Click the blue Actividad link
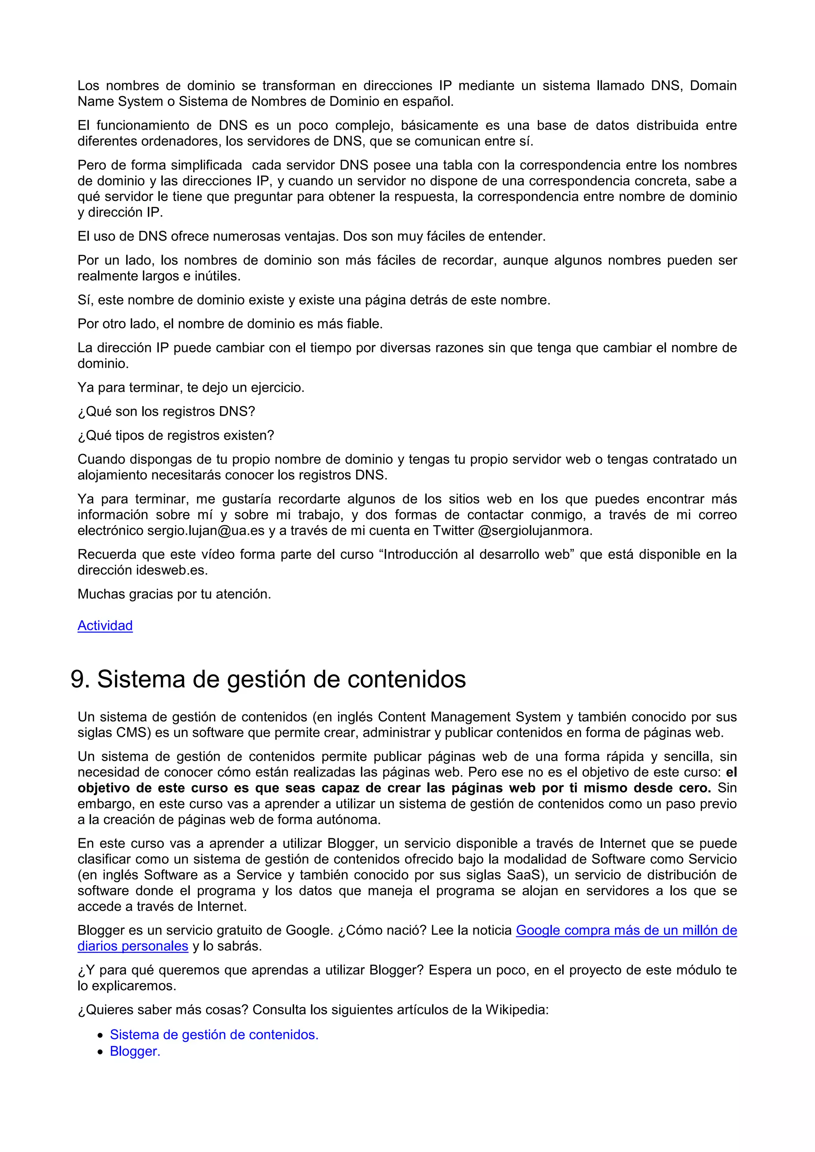[x=105, y=626]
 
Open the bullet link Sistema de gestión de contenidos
[x=214, y=1035]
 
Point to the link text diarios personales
[x=133, y=946]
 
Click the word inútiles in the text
[x=217, y=276]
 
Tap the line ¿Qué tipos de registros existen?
[x=175, y=436]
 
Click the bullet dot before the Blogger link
[x=100, y=1052]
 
